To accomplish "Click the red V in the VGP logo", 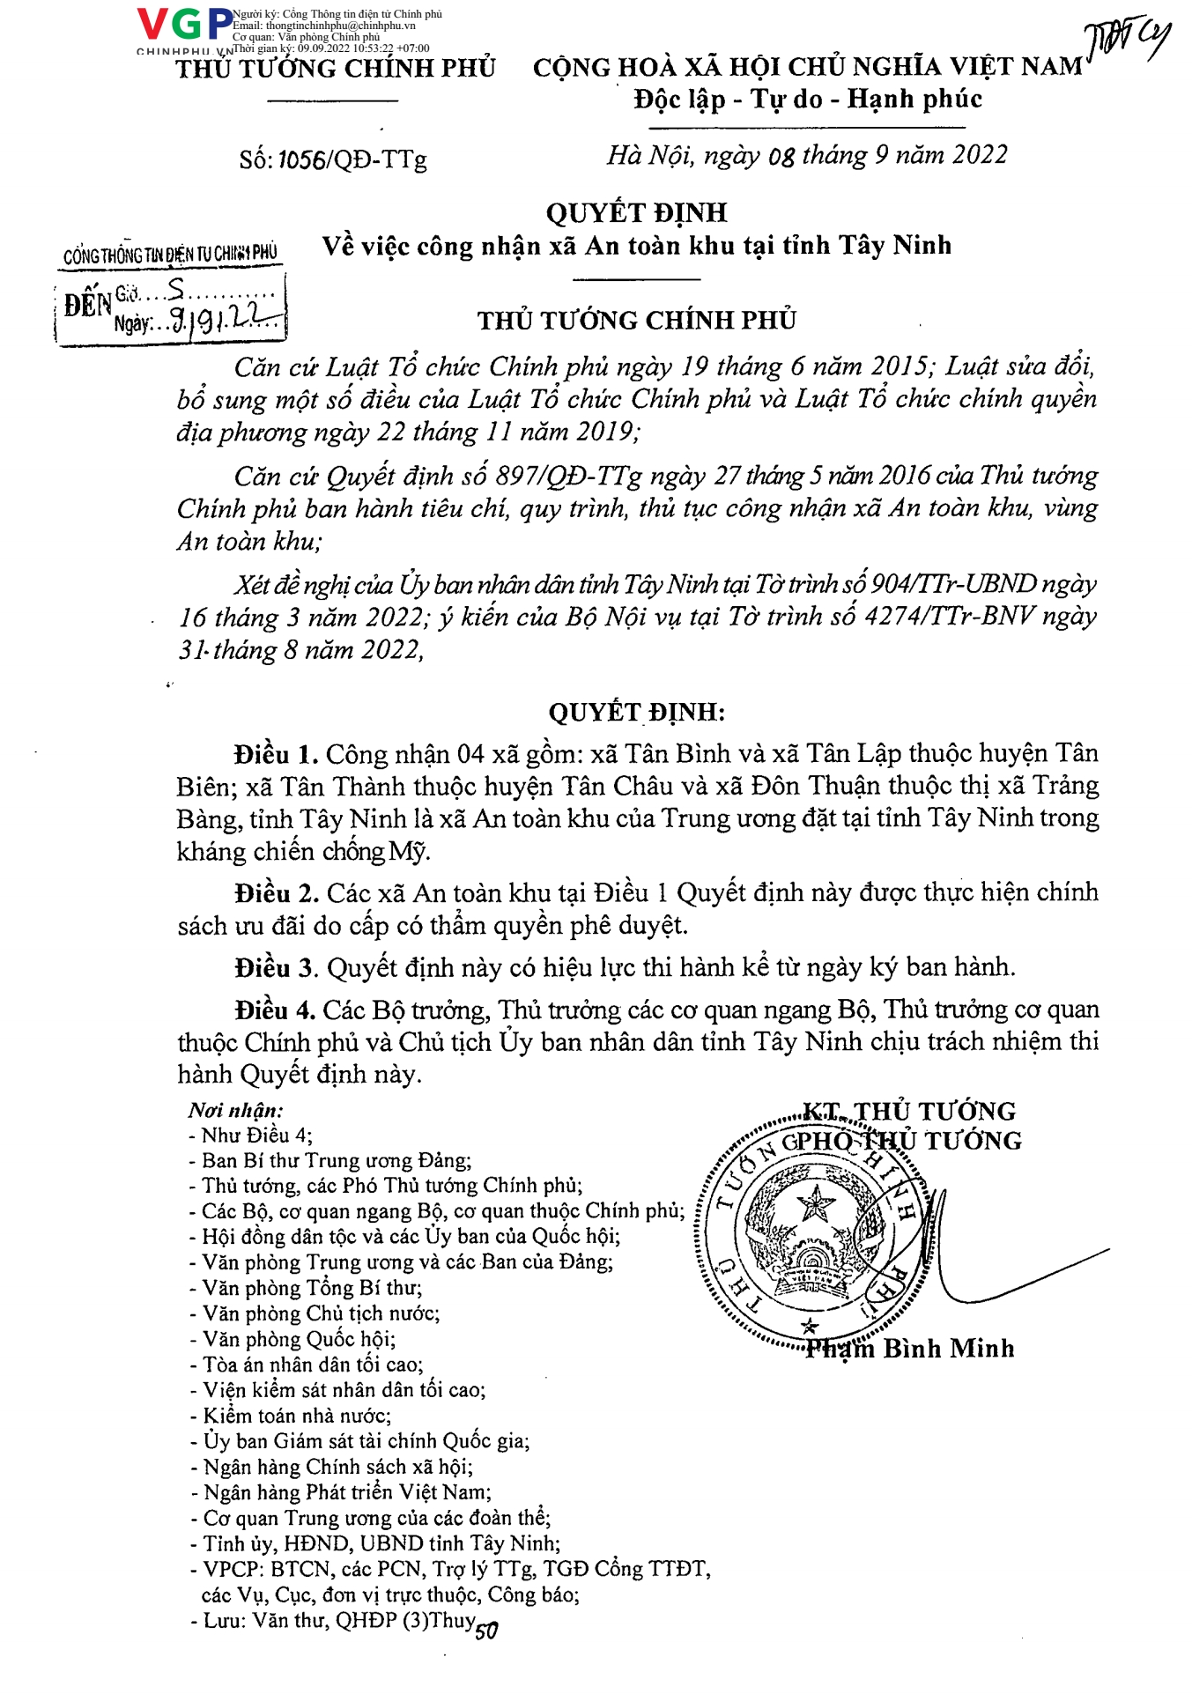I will coord(152,25).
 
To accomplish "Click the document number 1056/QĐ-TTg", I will coord(352,159).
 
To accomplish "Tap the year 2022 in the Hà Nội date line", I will coord(979,155).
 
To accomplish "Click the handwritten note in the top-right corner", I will coord(1129,40).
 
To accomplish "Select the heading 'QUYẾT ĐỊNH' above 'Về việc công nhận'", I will coord(636,212).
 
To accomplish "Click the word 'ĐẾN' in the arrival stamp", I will coord(87,306).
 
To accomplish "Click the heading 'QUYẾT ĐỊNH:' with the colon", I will coord(636,712).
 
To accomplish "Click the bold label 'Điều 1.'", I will coord(276,754).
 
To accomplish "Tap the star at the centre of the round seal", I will coord(815,1203).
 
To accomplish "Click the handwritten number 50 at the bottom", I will coord(486,1631).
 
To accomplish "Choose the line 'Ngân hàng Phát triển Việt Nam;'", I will coord(347,1492).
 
